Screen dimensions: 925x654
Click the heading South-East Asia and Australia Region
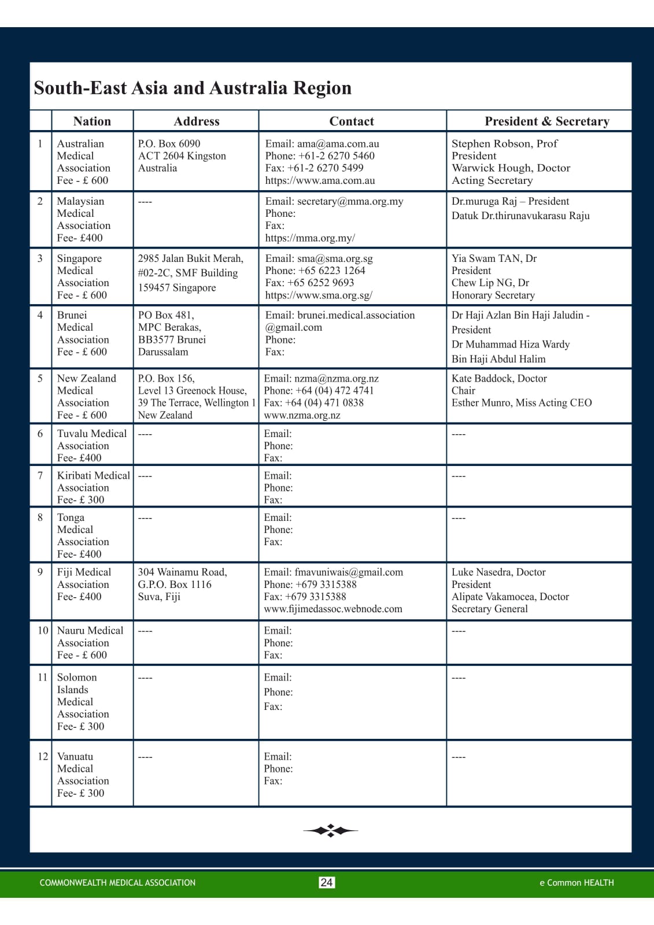tap(193, 88)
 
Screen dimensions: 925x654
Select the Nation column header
tap(92, 121)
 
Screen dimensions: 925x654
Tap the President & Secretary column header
tap(546, 121)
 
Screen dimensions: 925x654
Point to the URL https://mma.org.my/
tap(310, 238)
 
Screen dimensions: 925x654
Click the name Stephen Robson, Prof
tap(504, 143)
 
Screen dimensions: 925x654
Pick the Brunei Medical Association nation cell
tap(83, 333)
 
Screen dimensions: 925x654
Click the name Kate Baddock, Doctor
tap(499, 378)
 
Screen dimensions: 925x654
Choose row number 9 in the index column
tap(40, 572)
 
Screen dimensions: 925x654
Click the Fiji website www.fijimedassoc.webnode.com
tap(332, 609)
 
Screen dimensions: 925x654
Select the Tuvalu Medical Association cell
tap(91, 445)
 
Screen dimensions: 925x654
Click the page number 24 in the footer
tap(327, 882)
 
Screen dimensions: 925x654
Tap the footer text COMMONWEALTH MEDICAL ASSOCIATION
tap(117, 883)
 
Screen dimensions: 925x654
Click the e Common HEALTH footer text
tap(577, 883)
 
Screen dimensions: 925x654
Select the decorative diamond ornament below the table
tap(330, 831)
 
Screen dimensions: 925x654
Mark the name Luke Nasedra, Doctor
tap(498, 572)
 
